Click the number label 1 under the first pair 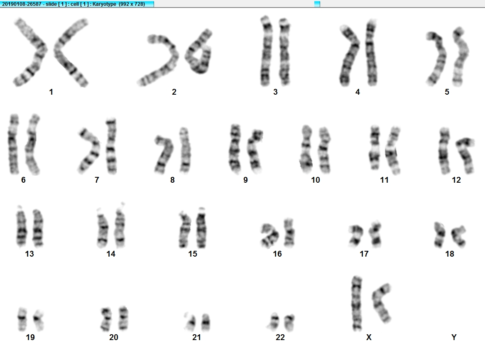coord(51,92)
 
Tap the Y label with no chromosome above coord(454,337)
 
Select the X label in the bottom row coord(369,337)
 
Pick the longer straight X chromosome coord(357,303)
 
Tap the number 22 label coord(280,337)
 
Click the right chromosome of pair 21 coord(206,322)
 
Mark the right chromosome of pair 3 coord(284,51)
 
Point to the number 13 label coord(29,254)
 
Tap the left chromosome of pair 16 coord(269,236)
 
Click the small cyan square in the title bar coord(317,4)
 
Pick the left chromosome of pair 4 coord(350,56)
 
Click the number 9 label coord(245,180)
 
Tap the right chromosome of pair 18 coord(458,236)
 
